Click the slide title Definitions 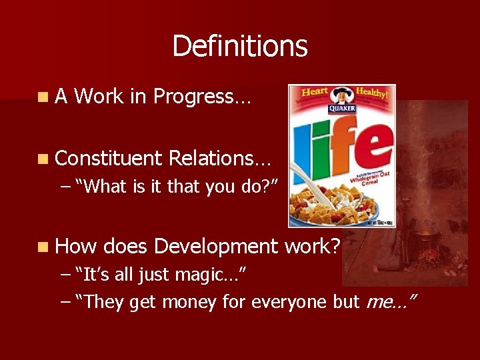(x=240, y=47)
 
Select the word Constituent (x=109, y=158)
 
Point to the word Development (x=215, y=247)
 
